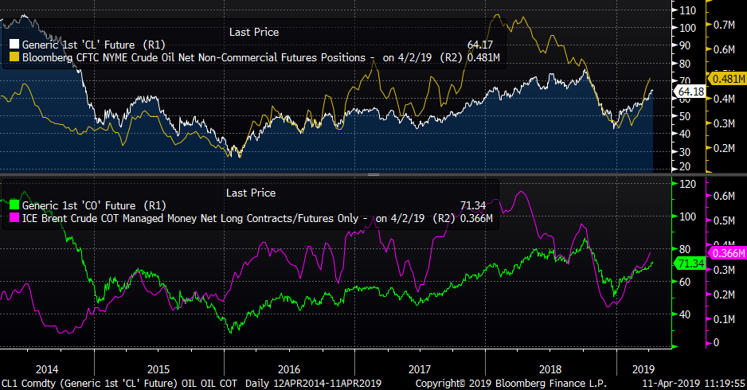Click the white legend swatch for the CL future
point(14,45)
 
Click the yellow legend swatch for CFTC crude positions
point(14,58)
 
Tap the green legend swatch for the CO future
point(14,205)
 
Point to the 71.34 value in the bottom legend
point(473,205)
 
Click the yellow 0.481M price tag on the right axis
point(729,79)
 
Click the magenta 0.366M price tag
point(729,253)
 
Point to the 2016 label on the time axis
point(289,369)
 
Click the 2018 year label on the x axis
point(549,369)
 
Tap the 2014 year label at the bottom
point(47,369)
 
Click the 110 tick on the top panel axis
point(686,10)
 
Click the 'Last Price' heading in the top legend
point(253,32)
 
